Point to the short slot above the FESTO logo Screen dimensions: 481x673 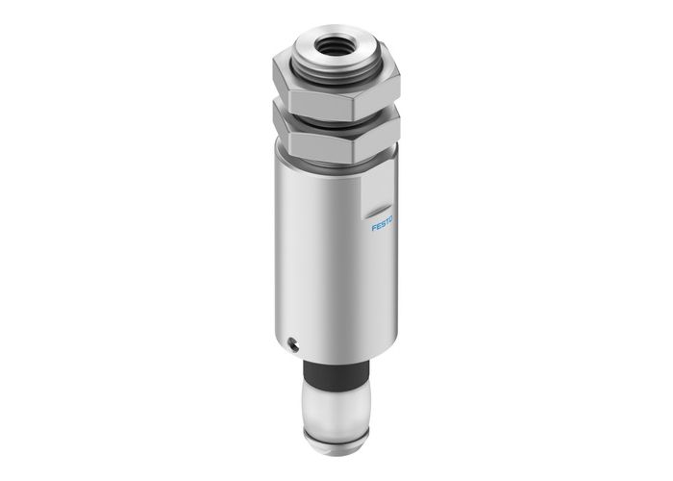click(x=377, y=207)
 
